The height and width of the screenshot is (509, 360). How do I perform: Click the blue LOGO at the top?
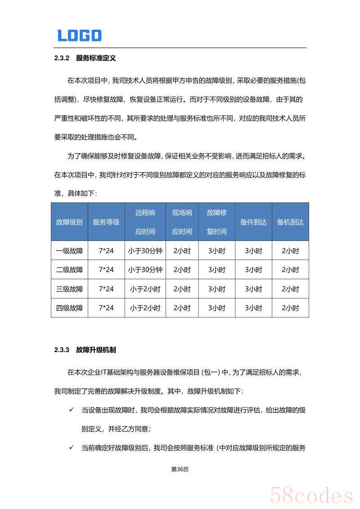coord(79,35)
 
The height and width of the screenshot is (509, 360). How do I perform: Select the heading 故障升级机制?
coord(96,349)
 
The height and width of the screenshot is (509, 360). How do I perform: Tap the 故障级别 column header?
coord(69,222)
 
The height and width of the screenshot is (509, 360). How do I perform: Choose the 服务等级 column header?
coord(106,222)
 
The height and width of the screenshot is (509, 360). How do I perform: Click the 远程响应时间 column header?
coord(145,222)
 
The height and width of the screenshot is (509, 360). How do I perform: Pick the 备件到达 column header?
coord(253,222)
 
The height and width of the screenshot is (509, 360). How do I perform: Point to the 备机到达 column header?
coord(290,222)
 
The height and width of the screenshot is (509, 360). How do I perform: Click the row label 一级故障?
coord(69,251)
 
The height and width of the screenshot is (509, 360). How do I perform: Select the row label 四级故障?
coord(69,308)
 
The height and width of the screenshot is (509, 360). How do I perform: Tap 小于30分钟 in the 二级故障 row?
coord(145,270)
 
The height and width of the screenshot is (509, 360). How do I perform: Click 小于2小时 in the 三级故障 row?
coord(145,289)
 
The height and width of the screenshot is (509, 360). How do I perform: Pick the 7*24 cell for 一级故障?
coord(106,251)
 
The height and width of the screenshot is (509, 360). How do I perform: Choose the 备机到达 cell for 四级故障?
coord(290,308)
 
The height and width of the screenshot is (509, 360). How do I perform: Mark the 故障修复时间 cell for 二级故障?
coord(216,270)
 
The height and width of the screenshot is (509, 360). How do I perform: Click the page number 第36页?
coord(180,469)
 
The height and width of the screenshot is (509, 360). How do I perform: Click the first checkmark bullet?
coord(71,410)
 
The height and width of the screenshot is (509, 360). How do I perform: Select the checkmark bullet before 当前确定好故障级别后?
coord(71,447)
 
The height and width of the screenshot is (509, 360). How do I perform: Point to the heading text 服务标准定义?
coord(96,58)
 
